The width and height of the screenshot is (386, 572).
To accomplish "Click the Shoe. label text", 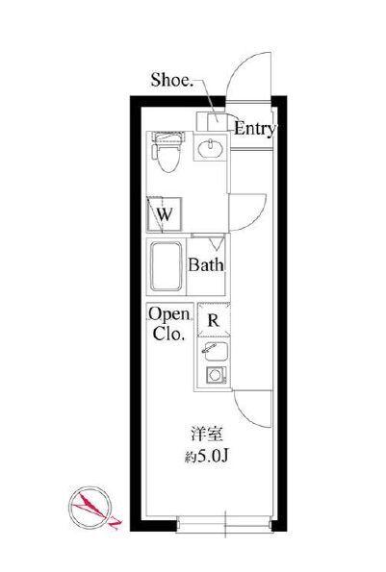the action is coord(172,80).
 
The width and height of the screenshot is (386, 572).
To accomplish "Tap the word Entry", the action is coord(254,129).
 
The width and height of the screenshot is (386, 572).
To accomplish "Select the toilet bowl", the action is coord(168,159).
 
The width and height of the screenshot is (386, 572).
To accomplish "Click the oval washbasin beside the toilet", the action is coord(211,148).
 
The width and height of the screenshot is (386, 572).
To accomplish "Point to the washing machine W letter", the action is coord(165,214).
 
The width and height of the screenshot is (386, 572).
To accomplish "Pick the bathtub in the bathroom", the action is coord(167,266).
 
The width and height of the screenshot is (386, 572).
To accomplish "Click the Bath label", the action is coord(206,264).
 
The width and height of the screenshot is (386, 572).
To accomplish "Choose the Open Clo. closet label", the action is coord(169,324).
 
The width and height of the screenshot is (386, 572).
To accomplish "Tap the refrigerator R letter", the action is coord(214,320).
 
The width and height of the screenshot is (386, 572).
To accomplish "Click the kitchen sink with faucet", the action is coord(215,351).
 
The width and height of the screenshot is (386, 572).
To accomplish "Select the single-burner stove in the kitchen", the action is coord(216,375).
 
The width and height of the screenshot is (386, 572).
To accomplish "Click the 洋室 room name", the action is coord(207,435).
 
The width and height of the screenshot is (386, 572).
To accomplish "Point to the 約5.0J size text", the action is coord(207,456).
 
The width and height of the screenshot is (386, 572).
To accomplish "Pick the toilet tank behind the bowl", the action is coord(168,137).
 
